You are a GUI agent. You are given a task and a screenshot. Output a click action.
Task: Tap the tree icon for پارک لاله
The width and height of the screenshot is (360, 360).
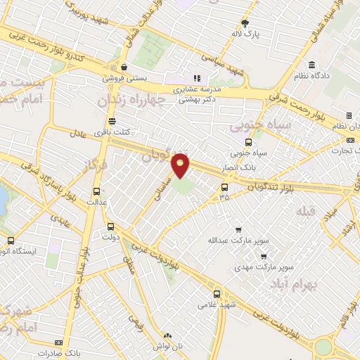coord(245,22)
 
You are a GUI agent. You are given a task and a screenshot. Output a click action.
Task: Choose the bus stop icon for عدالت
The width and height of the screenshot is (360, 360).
coord(96,191)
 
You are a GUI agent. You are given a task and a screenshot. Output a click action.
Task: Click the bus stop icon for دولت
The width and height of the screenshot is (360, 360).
coord(110,226)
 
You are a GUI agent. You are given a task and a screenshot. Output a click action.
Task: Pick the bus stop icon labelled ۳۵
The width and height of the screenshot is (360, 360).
coord(224,187)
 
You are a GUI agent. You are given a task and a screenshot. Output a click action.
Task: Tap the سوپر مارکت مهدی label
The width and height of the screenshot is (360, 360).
coord(262,268)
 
